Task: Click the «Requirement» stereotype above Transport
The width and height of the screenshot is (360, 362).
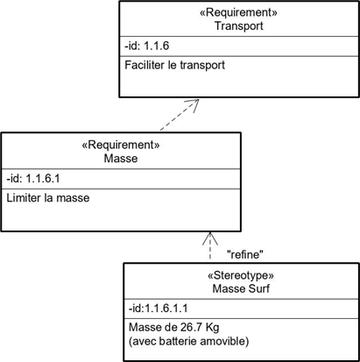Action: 238,12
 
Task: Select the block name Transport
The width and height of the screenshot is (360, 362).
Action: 239,25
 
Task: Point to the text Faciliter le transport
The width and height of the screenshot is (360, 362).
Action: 174,65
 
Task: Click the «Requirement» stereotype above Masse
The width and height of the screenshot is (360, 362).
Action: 121,145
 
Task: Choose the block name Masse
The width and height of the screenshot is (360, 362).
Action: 121,159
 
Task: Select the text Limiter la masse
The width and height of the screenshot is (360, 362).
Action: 48,198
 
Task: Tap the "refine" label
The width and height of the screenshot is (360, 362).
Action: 245,255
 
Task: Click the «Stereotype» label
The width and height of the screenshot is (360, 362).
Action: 241,275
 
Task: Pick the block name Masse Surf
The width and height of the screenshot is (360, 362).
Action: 241,288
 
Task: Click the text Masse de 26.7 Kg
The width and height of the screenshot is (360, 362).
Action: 174,327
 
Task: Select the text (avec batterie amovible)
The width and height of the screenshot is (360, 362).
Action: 189,341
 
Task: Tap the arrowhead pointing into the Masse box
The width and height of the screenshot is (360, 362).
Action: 210,238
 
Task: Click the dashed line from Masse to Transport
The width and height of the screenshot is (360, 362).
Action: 180,115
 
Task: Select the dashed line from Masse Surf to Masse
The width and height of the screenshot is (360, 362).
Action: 210,246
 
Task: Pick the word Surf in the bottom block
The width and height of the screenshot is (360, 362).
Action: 259,288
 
